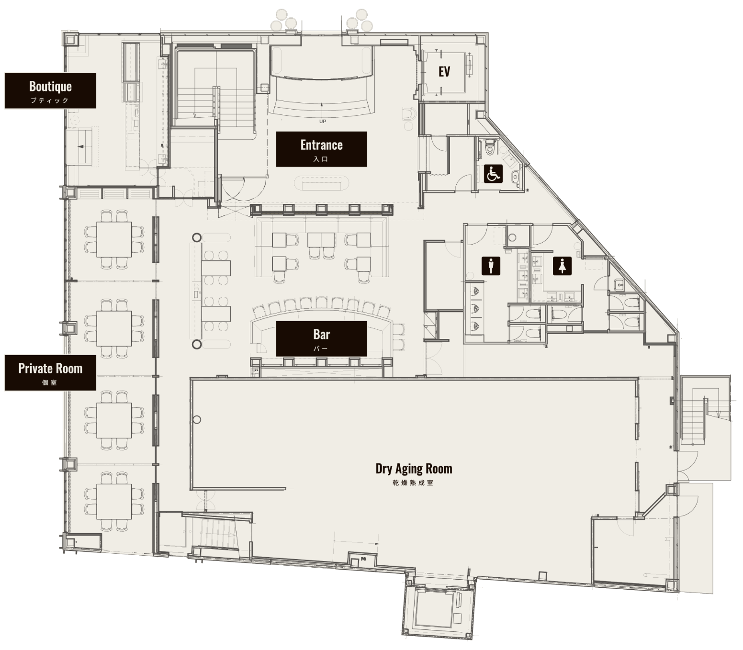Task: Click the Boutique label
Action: pyautogui.click(x=50, y=90)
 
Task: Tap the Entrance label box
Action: pyautogui.click(x=321, y=149)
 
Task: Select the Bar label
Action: pyautogui.click(x=321, y=338)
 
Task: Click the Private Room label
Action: pyautogui.click(x=50, y=373)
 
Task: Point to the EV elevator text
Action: pyautogui.click(x=444, y=71)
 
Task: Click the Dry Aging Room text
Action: pyautogui.click(x=414, y=469)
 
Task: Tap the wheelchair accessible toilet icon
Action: pyautogui.click(x=493, y=174)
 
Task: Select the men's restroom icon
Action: pyautogui.click(x=491, y=266)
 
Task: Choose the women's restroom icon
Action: pyautogui.click(x=562, y=266)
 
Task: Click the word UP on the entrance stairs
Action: pyautogui.click(x=323, y=121)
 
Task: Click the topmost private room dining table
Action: pyautogui.click(x=114, y=239)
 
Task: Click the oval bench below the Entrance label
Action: pyautogui.click(x=321, y=183)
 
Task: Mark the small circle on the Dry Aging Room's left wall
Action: pyautogui.click(x=197, y=420)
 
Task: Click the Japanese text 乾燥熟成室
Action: pyautogui.click(x=413, y=483)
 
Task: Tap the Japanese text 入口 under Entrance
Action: pyautogui.click(x=321, y=159)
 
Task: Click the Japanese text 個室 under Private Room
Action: pyautogui.click(x=50, y=383)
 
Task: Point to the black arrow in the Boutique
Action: pyautogui.click(x=81, y=146)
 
